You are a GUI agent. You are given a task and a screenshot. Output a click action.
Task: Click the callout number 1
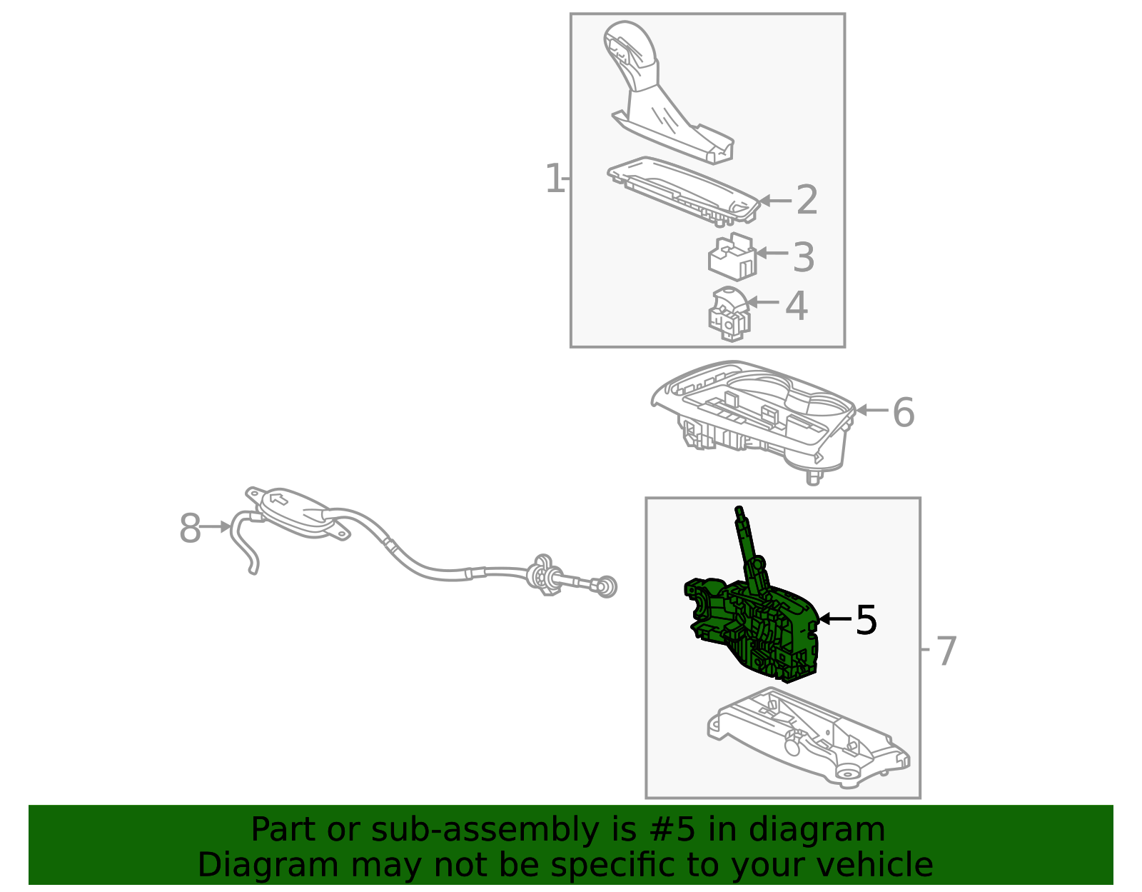[x=554, y=179]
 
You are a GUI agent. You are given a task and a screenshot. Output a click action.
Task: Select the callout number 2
[x=807, y=200]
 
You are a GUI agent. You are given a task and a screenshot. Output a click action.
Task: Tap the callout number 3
[x=804, y=257]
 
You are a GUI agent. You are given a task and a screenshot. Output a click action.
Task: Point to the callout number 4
[x=797, y=306]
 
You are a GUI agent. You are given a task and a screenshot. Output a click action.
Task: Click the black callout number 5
[x=866, y=620]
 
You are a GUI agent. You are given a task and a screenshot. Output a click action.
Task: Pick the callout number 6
[x=904, y=413]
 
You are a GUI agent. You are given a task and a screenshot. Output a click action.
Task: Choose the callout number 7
[x=946, y=651]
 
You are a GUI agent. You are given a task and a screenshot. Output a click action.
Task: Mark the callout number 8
[x=190, y=529]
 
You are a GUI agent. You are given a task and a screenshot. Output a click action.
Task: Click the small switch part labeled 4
[x=729, y=314]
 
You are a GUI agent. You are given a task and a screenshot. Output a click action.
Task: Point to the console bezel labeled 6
[x=757, y=418]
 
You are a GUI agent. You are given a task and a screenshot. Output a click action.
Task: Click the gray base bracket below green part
[x=807, y=739]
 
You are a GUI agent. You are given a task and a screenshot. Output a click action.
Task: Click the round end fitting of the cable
[x=607, y=587]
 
